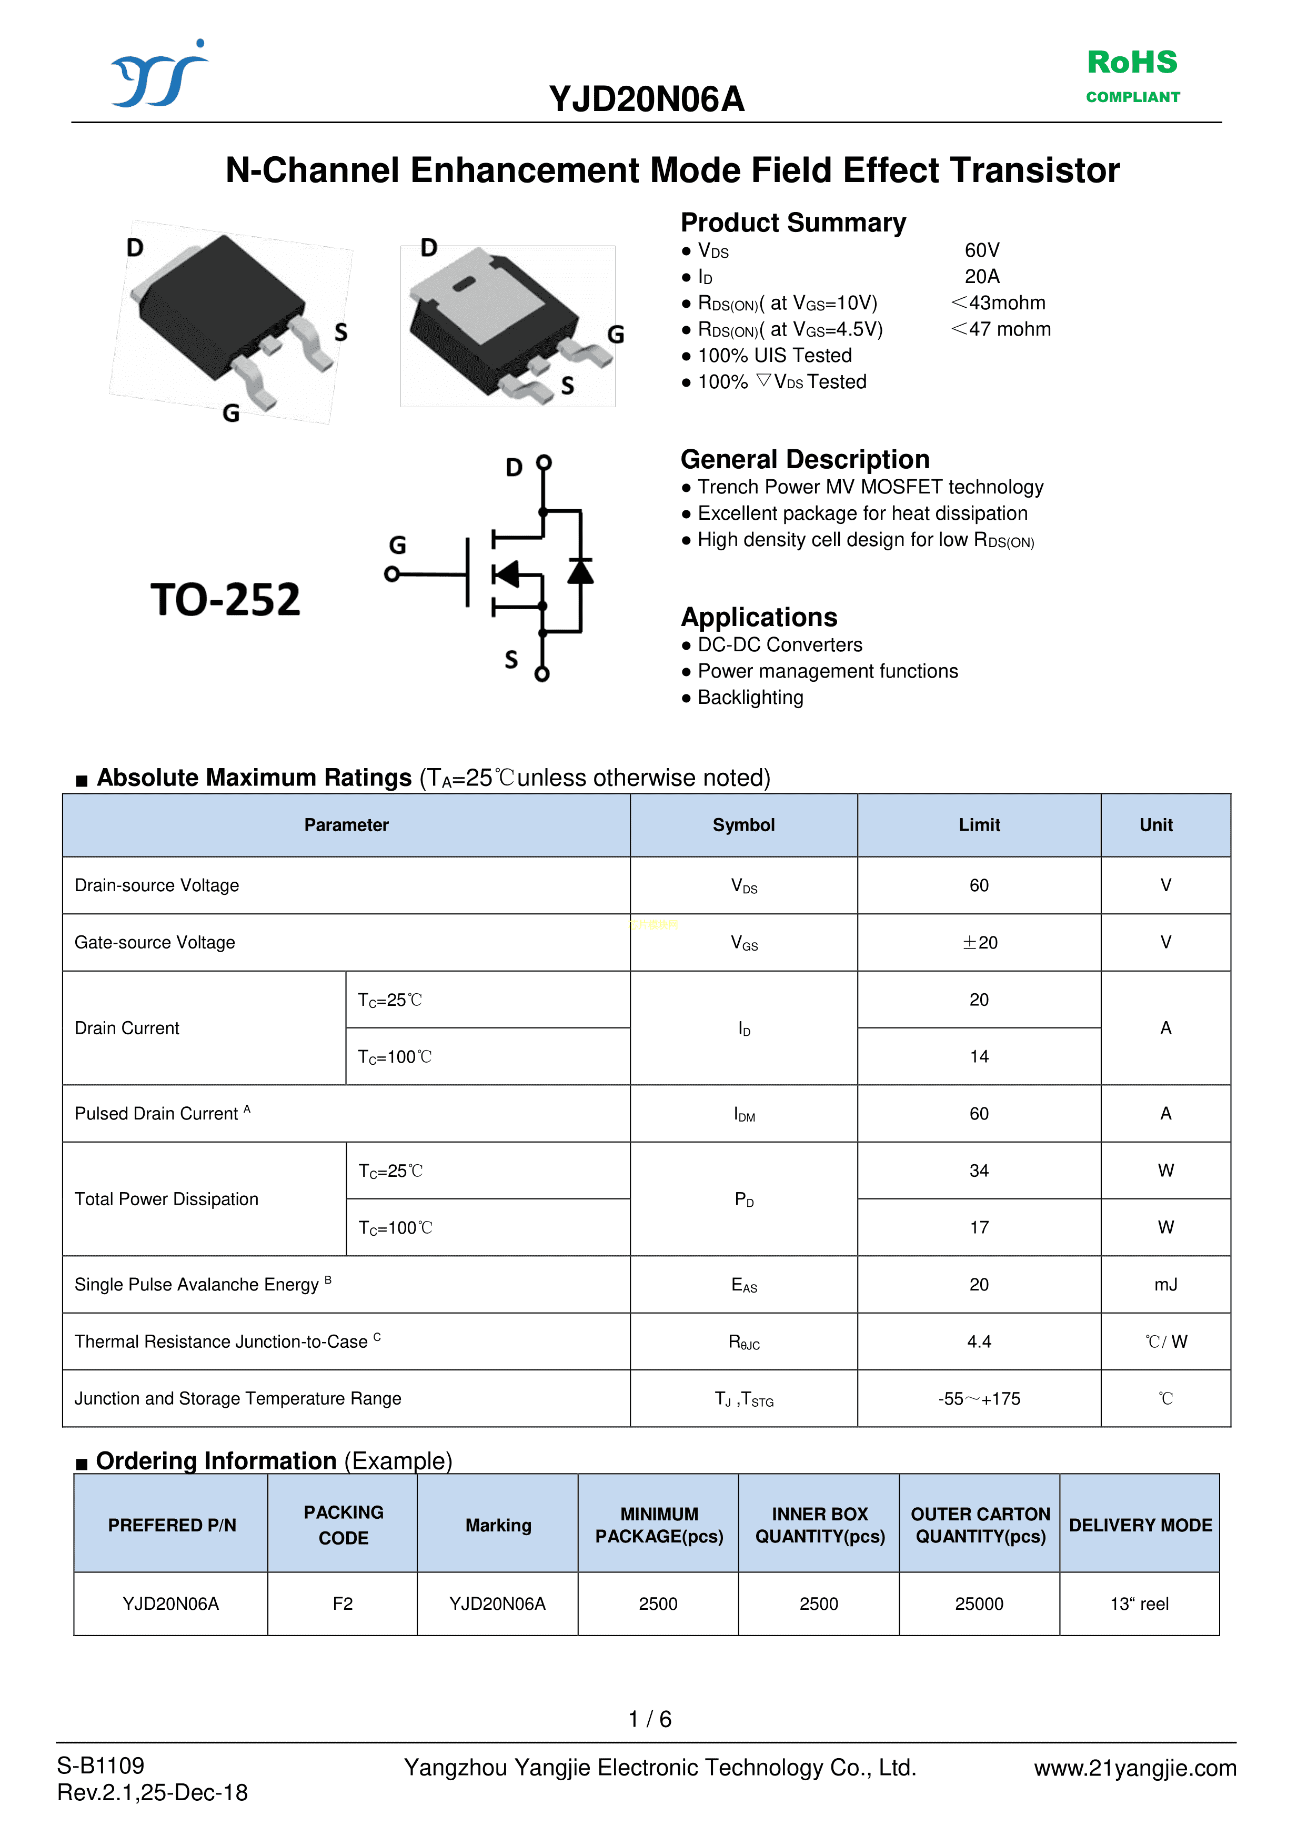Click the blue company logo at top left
[159, 75]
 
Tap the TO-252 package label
[225, 600]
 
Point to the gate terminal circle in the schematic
[392, 574]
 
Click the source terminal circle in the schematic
[542, 673]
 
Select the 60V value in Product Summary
[982, 250]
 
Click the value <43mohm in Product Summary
[998, 304]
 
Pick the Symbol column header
[743, 825]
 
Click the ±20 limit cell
[979, 942]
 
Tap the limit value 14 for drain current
[979, 1056]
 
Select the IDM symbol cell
[743, 1114]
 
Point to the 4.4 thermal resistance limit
[979, 1341]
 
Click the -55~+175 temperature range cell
[979, 1399]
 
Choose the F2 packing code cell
[343, 1604]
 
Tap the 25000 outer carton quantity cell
[979, 1604]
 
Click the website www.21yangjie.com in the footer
[1135, 1768]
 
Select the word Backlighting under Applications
[750, 698]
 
